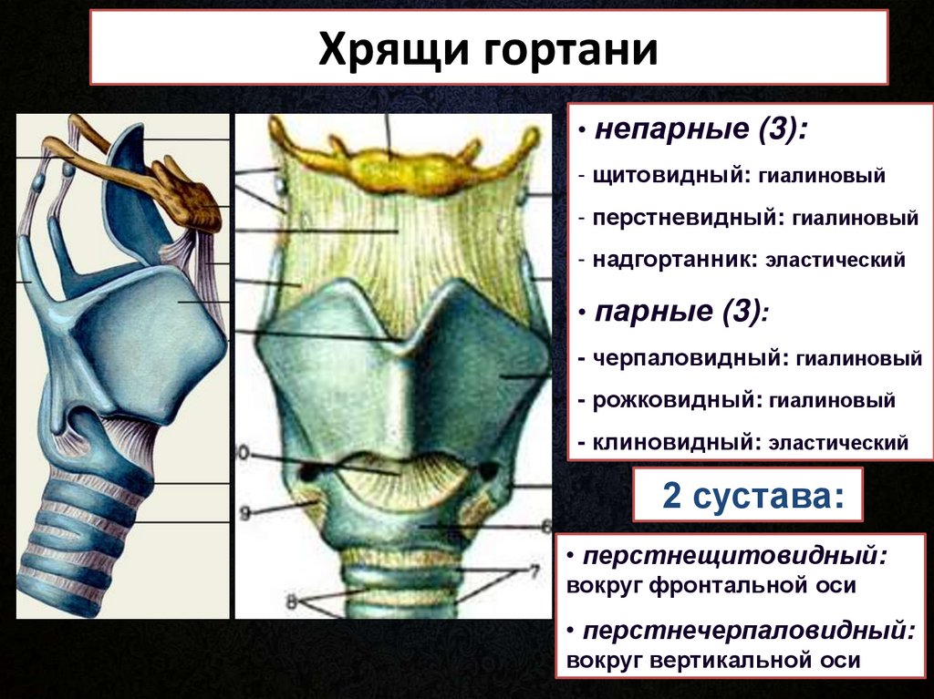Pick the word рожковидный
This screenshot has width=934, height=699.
point(673,400)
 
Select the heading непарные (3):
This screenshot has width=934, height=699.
point(701,129)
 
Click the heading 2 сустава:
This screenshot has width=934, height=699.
point(752,496)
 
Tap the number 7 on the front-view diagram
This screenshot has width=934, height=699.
point(534,572)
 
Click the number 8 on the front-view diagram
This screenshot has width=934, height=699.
point(291,602)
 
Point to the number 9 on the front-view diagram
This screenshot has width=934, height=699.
point(244,513)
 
